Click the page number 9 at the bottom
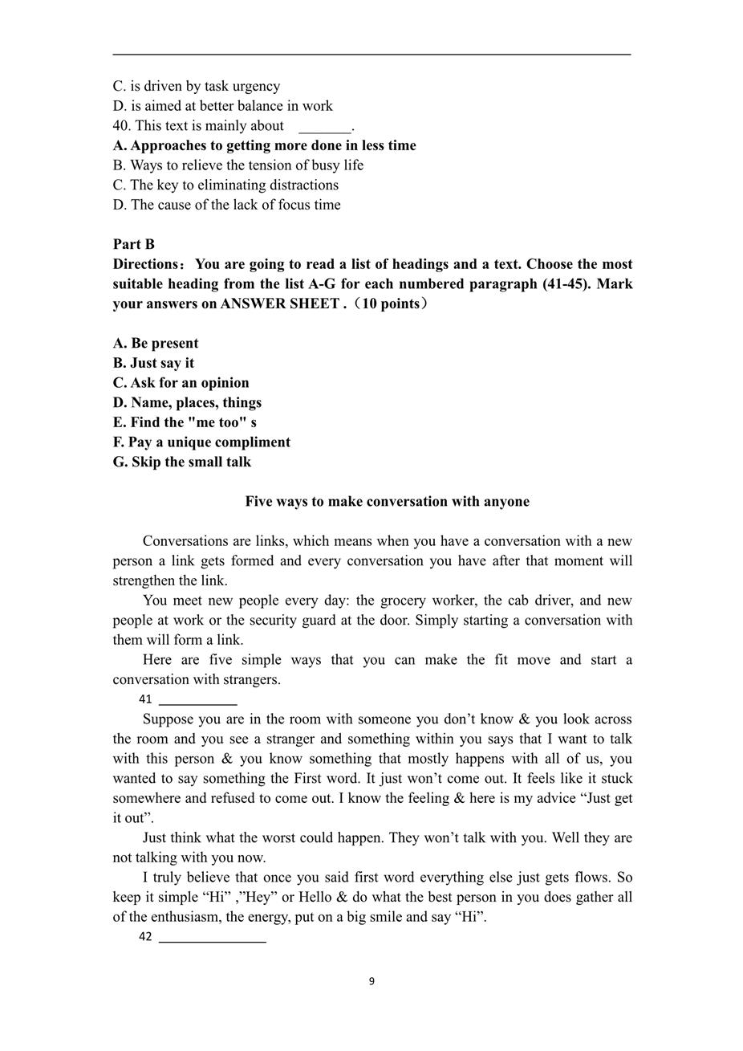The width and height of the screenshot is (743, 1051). point(371,981)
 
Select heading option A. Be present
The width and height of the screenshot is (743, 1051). point(156,343)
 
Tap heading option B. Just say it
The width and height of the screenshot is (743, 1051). point(153,363)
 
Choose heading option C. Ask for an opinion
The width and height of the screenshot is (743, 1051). point(181,383)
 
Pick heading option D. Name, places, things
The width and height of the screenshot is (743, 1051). point(187,402)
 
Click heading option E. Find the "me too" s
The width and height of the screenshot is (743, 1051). point(185,422)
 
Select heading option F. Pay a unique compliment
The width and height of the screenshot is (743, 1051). point(201,442)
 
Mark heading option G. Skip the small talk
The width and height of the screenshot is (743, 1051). point(182,462)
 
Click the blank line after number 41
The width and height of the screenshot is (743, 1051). point(198,700)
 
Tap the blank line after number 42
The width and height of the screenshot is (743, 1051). point(213,937)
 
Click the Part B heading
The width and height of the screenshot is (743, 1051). point(134,244)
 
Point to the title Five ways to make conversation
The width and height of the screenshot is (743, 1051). point(387,502)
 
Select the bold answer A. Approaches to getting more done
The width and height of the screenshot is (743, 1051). point(265,145)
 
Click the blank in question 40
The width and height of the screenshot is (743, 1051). point(325,127)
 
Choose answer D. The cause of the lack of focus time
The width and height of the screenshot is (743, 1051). point(226,205)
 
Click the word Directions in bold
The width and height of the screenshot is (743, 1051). point(149,264)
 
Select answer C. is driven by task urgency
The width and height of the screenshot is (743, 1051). point(197,86)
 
